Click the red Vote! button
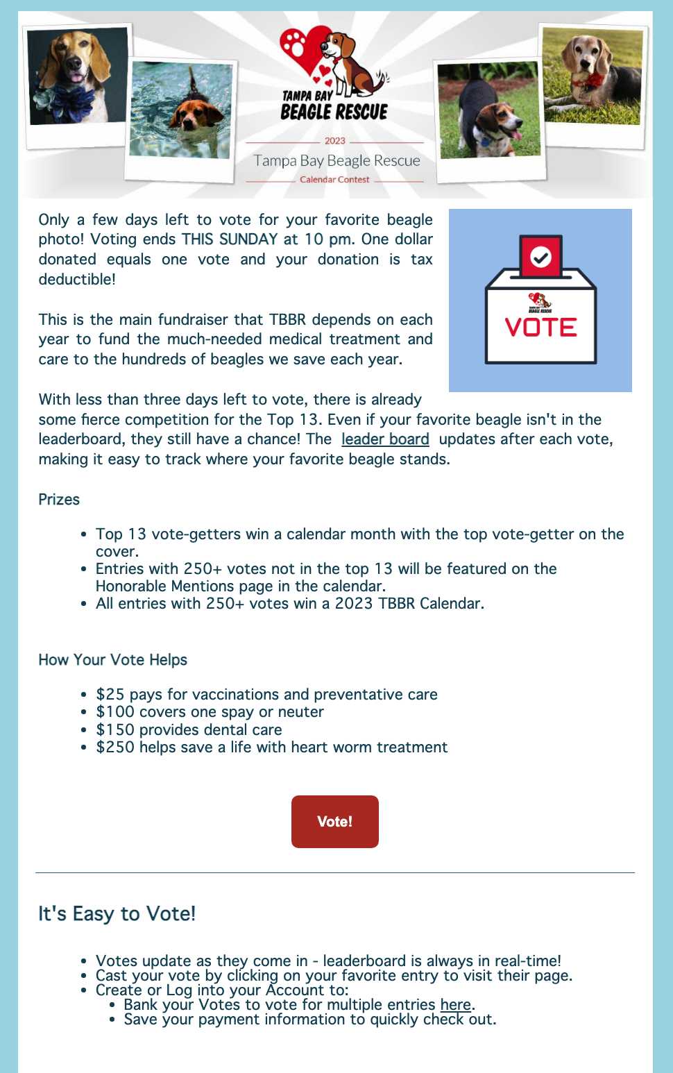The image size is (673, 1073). click(x=334, y=821)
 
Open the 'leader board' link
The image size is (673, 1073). click(x=385, y=439)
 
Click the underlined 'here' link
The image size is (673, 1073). click(x=455, y=1004)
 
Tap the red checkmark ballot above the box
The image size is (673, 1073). click(x=540, y=256)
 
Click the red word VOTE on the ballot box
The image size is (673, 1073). click(x=540, y=327)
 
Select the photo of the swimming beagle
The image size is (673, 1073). click(x=181, y=111)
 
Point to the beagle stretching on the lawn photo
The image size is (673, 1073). click(x=488, y=111)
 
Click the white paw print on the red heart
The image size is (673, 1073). click(x=297, y=43)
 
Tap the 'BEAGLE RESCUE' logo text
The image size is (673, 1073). click(x=334, y=112)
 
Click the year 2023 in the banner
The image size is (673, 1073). click(x=334, y=141)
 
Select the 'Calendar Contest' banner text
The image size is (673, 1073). click(x=334, y=180)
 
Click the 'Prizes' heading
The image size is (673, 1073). click(x=59, y=500)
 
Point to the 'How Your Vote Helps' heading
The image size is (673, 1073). click(x=112, y=660)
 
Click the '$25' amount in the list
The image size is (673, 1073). click(x=110, y=695)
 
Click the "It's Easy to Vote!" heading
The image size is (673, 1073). click(x=117, y=914)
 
